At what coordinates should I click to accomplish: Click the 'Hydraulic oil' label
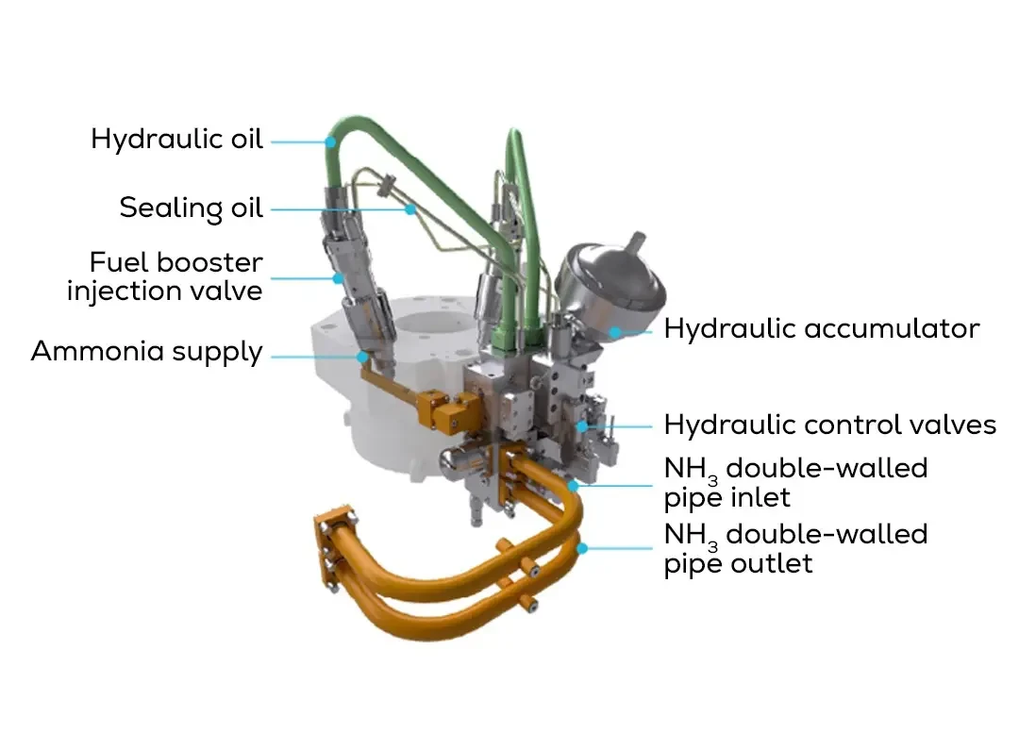point(176,139)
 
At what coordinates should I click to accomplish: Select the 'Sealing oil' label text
point(191,208)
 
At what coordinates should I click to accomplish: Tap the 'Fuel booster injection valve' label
point(165,276)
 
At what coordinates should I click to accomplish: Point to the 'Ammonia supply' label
point(147,352)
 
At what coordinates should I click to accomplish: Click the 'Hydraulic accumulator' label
point(822,329)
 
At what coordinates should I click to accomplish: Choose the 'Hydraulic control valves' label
point(830,425)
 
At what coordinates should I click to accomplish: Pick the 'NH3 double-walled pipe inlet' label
point(795,482)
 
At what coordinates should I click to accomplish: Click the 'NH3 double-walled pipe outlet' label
point(795,548)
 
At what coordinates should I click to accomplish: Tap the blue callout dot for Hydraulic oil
point(331,142)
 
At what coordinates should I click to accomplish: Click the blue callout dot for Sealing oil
point(410,209)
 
